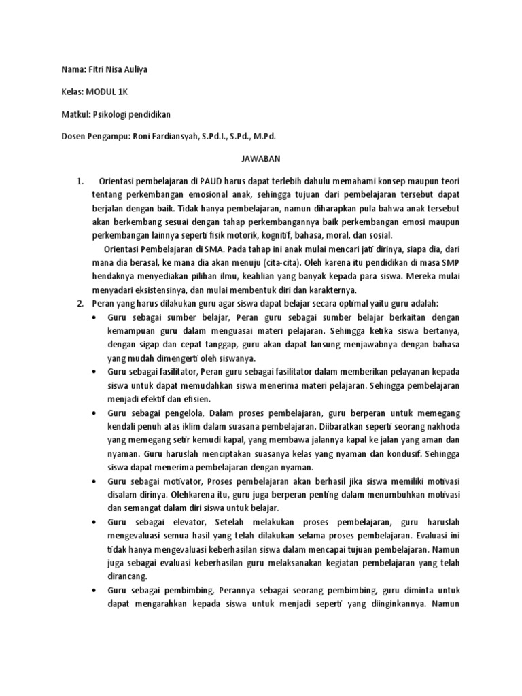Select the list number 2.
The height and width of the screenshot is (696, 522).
[79, 303]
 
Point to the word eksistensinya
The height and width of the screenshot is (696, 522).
[157, 290]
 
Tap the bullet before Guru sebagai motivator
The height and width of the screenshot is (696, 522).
[92, 481]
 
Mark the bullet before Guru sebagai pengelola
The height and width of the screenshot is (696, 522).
[92, 413]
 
